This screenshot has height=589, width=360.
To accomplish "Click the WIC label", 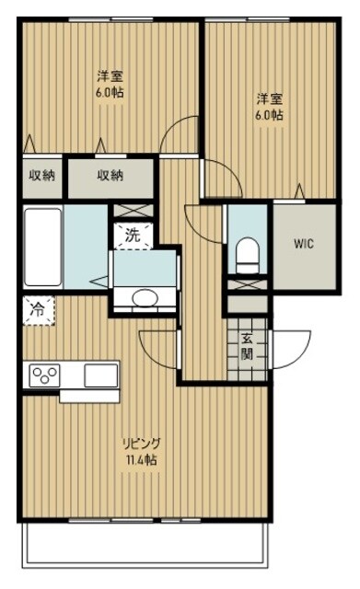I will click(x=305, y=244).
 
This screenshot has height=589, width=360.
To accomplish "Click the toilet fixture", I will click(x=247, y=253).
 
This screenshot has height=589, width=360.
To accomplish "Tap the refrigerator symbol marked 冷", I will click(x=37, y=310).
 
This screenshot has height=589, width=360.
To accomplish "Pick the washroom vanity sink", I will click(x=144, y=296).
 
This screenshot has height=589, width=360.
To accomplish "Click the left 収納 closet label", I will click(x=41, y=176).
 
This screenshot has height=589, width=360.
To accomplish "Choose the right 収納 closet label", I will click(x=111, y=176).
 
